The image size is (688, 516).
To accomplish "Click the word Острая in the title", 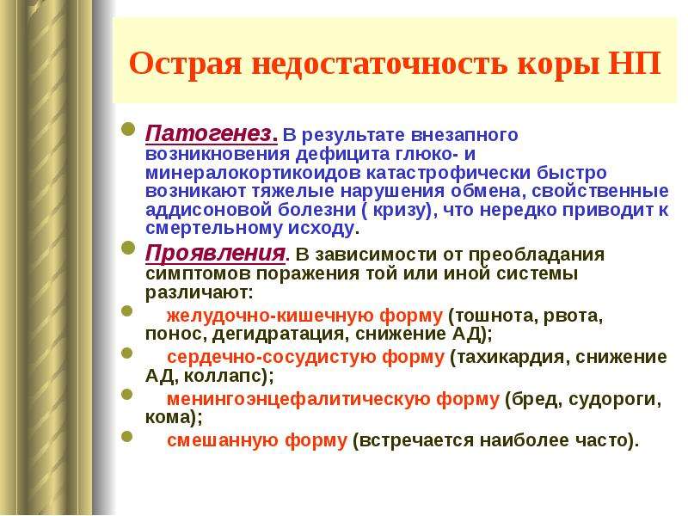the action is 185,64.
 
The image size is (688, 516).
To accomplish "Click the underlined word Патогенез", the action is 208,134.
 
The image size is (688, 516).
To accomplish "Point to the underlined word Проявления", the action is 215,254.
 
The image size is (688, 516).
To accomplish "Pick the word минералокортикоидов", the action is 253,173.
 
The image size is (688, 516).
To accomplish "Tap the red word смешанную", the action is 223,440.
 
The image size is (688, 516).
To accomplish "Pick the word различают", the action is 198,292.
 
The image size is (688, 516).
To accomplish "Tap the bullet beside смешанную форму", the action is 127,436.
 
